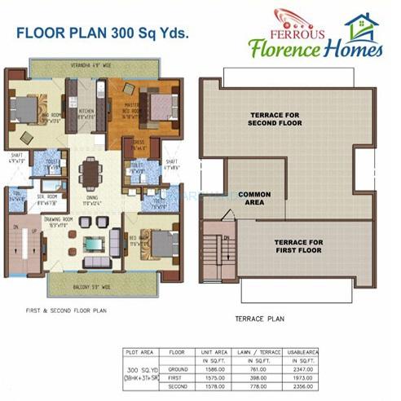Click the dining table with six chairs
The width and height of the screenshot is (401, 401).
click(91, 173)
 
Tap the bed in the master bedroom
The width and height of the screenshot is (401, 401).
click(159, 106)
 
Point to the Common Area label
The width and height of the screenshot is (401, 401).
click(254, 197)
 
